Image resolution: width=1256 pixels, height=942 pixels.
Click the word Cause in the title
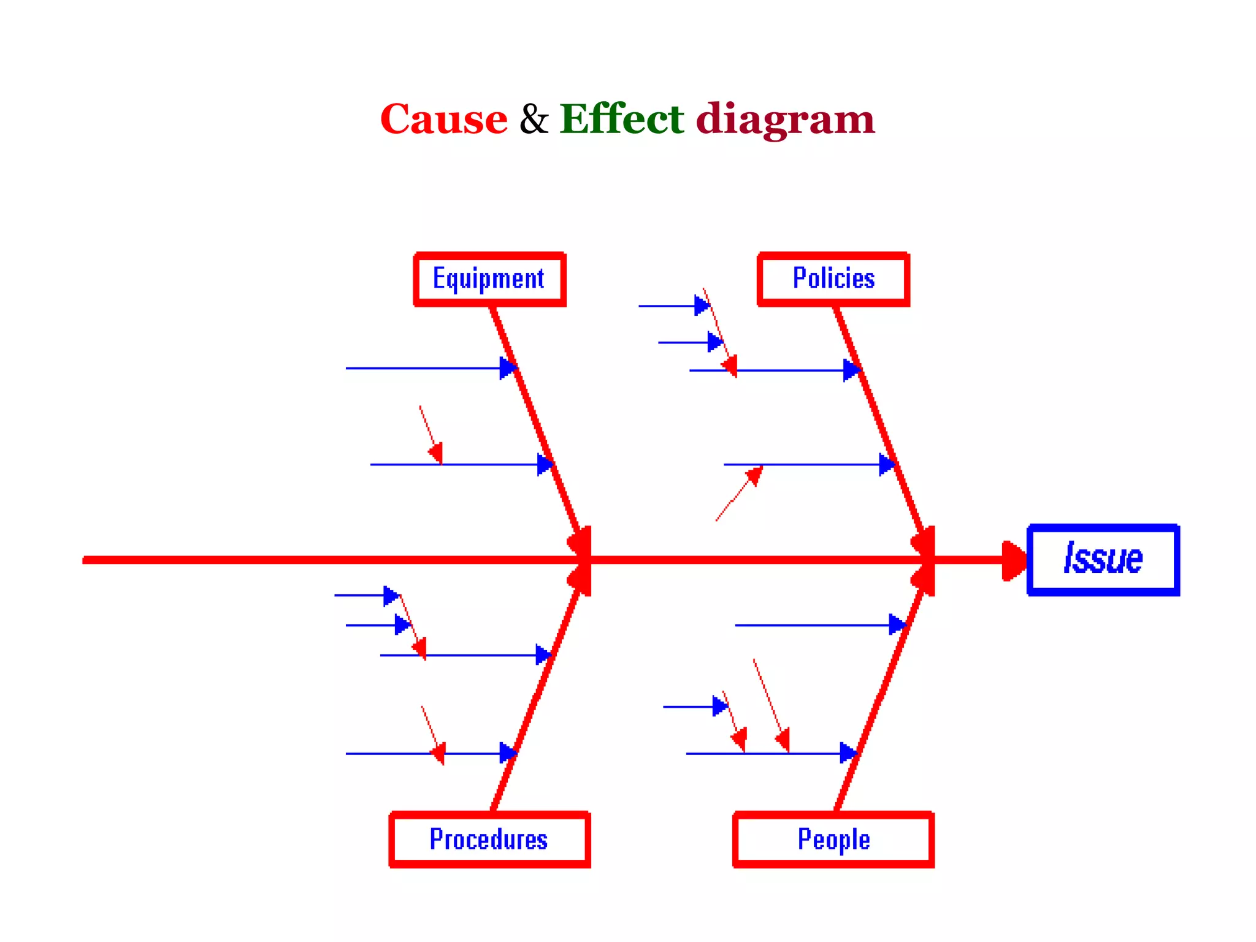(443, 119)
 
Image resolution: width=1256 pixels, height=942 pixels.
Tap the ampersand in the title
(534, 119)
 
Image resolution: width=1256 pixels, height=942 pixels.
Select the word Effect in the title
(621, 119)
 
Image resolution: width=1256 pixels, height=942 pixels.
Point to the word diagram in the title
(785, 120)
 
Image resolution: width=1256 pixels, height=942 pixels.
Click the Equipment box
(489, 279)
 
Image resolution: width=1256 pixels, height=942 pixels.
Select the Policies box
(833, 279)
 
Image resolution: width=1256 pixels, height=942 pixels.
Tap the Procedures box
(489, 840)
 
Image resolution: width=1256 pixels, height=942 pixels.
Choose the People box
(833, 840)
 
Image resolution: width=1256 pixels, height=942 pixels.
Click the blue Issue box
(1103, 559)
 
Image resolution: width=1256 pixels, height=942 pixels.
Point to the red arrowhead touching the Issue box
(1014, 560)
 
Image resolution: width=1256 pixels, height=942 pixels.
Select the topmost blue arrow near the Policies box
(673, 305)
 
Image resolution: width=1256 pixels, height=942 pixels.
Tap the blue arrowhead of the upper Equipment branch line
(508, 369)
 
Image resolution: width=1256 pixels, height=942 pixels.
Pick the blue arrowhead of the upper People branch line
(897, 625)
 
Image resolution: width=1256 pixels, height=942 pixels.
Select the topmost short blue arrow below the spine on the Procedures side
(366, 595)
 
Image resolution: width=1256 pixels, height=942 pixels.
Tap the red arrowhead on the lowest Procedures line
(438, 752)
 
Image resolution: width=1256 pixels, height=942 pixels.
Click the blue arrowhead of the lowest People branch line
(848, 753)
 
